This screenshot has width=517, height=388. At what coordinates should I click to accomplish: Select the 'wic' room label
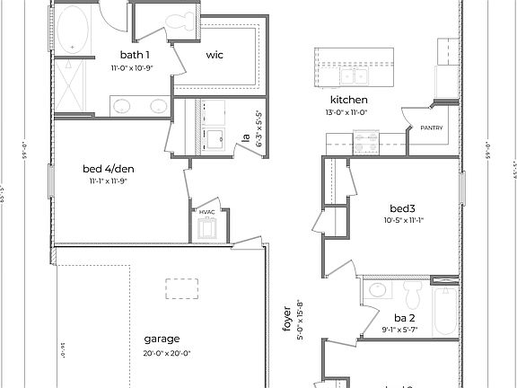click(x=215, y=55)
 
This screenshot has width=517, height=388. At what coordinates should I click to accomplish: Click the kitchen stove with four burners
click(x=366, y=141)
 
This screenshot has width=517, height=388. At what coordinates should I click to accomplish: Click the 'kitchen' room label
click(x=349, y=99)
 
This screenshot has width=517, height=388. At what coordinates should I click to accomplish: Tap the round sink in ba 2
click(x=376, y=289)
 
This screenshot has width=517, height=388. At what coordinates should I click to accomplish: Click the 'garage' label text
click(x=162, y=339)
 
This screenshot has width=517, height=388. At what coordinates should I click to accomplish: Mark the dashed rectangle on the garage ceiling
click(x=182, y=289)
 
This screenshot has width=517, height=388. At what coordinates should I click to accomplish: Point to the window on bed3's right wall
click(x=463, y=190)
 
